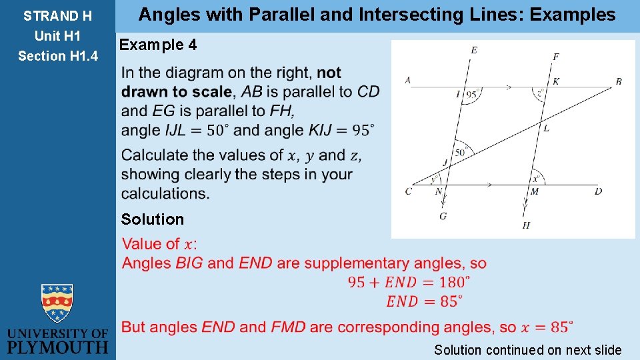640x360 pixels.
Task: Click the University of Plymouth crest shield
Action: point(57,304)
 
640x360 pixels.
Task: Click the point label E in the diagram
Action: point(474,50)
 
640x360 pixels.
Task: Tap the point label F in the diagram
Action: point(555,57)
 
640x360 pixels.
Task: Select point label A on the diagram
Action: point(407,80)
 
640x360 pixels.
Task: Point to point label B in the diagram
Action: point(619,81)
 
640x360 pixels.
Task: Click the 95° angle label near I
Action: point(471,95)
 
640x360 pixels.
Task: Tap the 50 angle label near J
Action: point(459,153)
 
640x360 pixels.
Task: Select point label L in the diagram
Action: point(546,128)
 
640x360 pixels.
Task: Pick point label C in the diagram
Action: point(408,192)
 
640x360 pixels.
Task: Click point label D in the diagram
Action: point(598,191)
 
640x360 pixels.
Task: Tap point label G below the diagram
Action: point(443,216)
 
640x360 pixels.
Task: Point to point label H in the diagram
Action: point(526,225)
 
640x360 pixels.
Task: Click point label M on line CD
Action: point(534,192)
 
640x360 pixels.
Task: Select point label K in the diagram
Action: point(556,81)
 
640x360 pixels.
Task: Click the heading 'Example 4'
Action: point(158,45)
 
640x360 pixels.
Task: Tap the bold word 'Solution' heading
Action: point(152,219)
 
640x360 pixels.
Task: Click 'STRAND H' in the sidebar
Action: point(57,15)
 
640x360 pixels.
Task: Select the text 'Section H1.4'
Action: point(57,56)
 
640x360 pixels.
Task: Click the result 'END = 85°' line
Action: point(423,301)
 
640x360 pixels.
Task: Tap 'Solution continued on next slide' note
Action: point(527,349)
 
